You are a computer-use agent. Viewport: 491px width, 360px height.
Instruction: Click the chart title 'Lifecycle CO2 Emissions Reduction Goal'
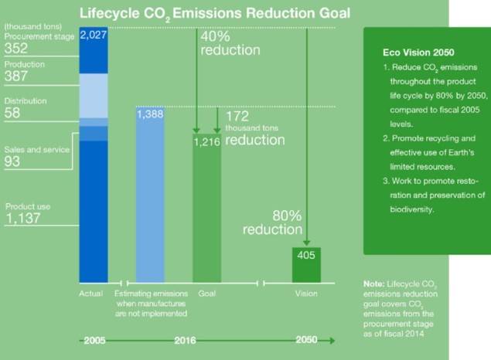pyautogui.click(x=215, y=12)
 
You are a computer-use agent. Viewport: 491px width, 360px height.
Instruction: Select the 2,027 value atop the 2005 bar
pyautogui.click(x=93, y=36)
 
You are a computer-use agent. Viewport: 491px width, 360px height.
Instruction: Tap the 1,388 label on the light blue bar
pyautogui.click(x=149, y=114)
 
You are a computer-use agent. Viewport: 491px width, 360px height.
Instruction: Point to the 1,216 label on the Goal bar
pyautogui.click(x=206, y=142)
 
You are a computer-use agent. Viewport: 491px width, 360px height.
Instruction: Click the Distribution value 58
pyautogui.click(x=12, y=114)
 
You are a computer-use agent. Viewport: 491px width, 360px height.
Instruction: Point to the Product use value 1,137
pyautogui.click(x=22, y=219)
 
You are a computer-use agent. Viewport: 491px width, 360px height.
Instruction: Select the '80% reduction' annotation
pyautogui.click(x=271, y=223)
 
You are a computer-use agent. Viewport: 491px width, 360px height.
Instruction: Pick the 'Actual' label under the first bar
pyautogui.click(x=90, y=294)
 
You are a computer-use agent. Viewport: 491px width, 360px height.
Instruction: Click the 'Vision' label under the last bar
pyautogui.click(x=306, y=294)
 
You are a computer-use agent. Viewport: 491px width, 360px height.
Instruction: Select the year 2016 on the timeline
pyautogui.click(x=206, y=339)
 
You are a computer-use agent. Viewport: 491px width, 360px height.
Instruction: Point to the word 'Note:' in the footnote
pyautogui.click(x=373, y=284)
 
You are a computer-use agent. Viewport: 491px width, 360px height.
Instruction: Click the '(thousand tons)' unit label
pyautogui.click(x=29, y=28)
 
